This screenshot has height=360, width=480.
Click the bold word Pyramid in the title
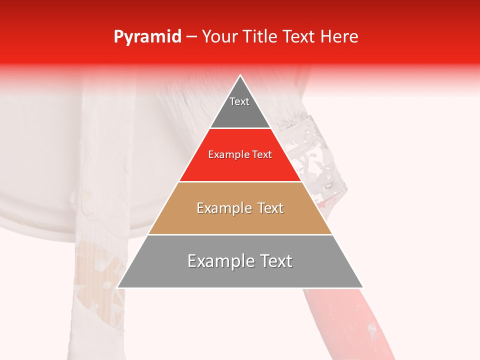tap(147, 36)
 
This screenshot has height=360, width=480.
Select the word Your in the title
tap(218, 36)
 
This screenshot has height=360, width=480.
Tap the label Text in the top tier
tap(239, 101)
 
